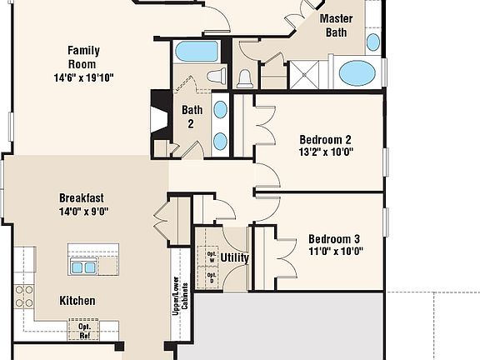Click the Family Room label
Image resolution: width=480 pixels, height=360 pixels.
(x=83, y=57)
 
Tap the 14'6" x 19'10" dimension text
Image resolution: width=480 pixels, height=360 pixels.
(x=83, y=77)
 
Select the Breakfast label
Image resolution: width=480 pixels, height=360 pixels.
(x=82, y=198)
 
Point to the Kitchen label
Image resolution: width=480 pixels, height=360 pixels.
(x=77, y=301)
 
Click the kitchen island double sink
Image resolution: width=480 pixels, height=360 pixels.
(x=83, y=267)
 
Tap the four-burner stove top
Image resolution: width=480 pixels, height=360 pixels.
(x=24, y=297)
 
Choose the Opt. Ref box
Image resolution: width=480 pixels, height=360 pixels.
(x=84, y=330)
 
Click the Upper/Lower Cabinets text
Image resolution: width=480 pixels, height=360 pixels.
(x=180, y=296)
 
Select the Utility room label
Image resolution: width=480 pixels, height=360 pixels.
(x=234, y=257)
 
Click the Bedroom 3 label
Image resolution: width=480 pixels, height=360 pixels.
(x=334, y=239)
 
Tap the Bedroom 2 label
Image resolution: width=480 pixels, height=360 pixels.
(x=325, y=140)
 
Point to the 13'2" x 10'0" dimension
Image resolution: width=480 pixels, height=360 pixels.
(x=326, y=152)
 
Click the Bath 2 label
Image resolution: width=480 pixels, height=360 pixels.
(x=192, y=117)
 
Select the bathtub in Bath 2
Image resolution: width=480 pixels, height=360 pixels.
(x=197, y=52)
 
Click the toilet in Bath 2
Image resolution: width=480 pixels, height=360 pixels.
(x=217, y=75)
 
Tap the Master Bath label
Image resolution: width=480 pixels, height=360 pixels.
(x=336, y=25)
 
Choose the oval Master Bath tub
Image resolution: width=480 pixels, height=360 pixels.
(x=357, y=72)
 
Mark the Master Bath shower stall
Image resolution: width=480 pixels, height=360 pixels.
(x=304, y=75)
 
